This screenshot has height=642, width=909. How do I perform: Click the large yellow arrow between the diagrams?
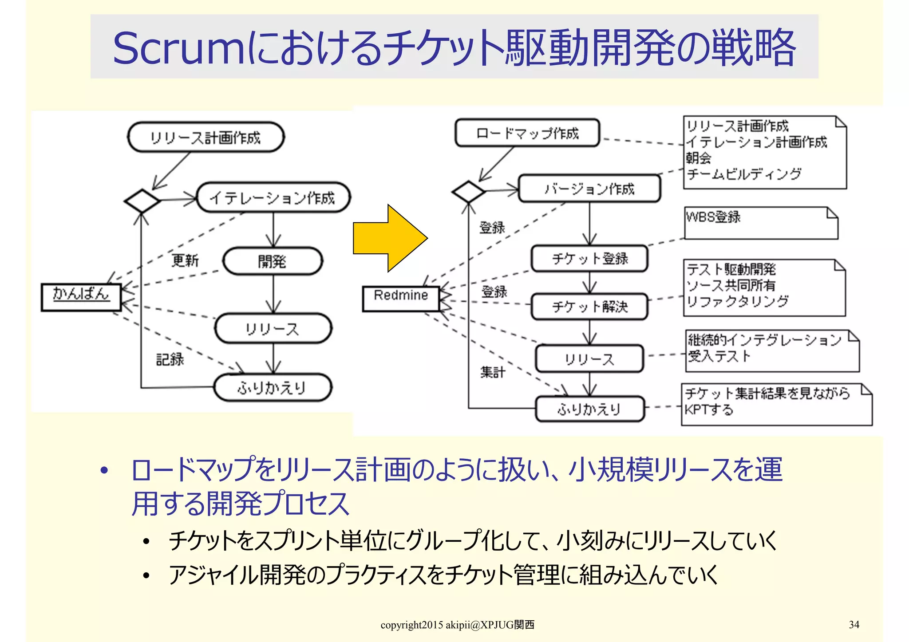388,239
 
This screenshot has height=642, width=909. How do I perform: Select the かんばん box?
81,296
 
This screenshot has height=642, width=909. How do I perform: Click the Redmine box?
401,298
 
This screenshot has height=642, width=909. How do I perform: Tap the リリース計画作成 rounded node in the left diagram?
206,137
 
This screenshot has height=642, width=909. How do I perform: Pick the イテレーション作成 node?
273,197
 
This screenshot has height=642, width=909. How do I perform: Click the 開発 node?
272,261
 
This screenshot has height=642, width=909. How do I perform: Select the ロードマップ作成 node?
527,133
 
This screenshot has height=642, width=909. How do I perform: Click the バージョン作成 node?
589,189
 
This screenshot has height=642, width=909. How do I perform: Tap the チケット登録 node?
589,258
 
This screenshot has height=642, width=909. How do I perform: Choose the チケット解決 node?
589,306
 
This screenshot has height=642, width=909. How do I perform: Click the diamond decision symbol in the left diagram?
142,201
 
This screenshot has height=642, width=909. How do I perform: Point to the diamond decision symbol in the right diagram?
468,192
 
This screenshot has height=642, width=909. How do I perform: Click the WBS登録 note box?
760,223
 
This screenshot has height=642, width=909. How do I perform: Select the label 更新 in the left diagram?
185,260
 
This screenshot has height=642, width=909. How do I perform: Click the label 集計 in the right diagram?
493,371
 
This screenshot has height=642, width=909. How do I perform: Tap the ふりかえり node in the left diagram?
272,388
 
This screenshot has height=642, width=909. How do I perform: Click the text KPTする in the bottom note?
709,409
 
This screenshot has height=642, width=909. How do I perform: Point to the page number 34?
854,624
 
